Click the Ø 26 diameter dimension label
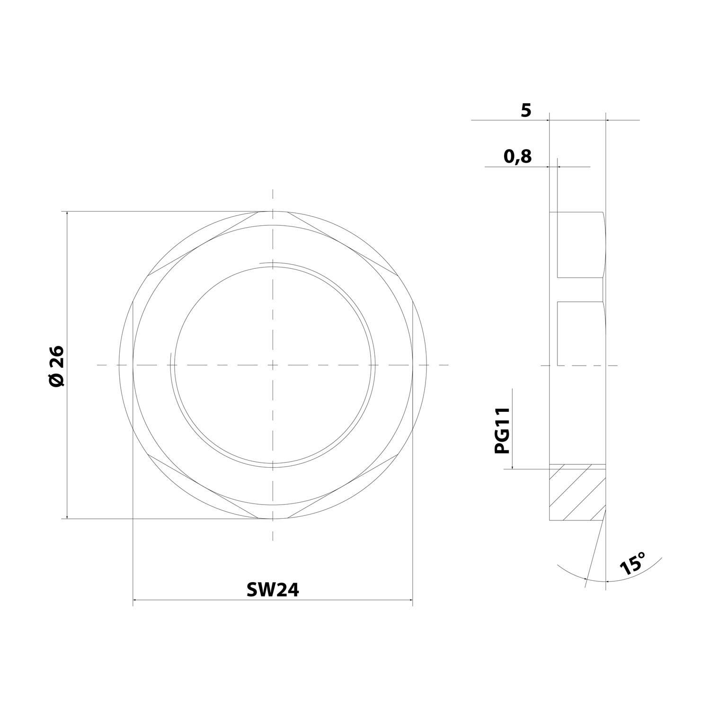point(56,365)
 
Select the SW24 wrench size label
point(273,590)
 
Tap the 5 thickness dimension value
point(526,110)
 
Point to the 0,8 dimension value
point(517,156)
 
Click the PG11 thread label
point(502,431)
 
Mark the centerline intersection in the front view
point(273,365)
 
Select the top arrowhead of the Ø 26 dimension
point(67,214)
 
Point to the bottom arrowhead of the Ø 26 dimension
point(67,516)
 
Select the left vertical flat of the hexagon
point(133,365)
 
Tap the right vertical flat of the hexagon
point(413,365)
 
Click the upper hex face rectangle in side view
point(580,244)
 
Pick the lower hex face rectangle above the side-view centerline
point(580,333)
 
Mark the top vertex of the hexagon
point(273,211)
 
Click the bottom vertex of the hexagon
point(273,519)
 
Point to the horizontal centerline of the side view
point(611,365)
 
